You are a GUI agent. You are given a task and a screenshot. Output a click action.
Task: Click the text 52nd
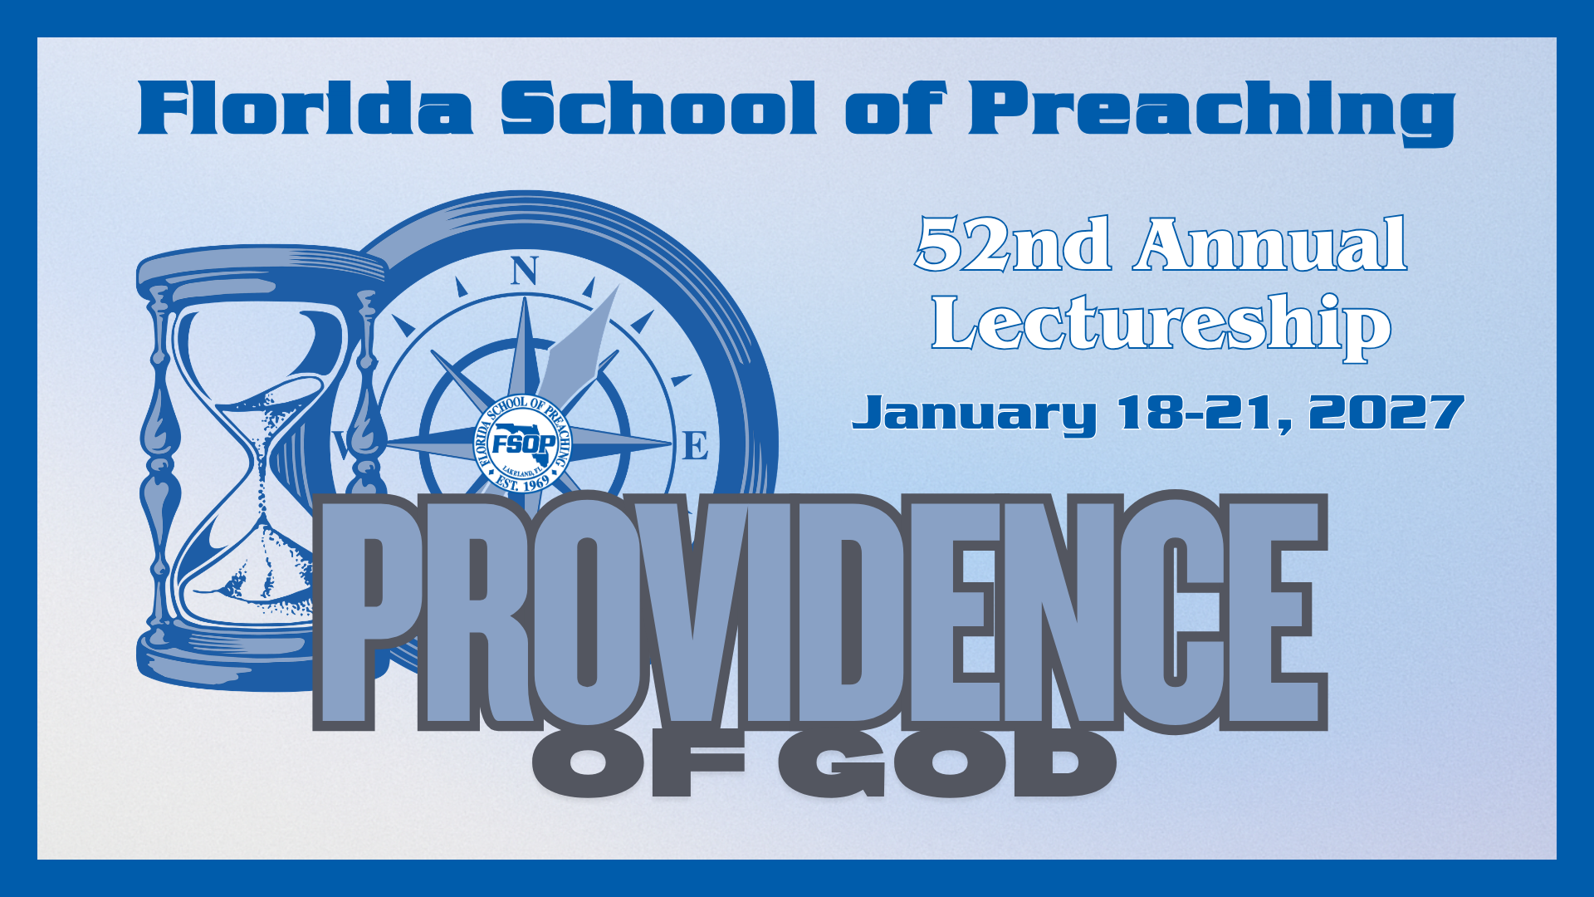point(1013,244)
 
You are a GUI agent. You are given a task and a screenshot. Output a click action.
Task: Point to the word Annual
point(1271,244)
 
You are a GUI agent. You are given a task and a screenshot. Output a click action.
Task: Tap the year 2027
point(1386,412)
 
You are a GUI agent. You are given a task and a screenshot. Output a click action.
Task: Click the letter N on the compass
point(524,271)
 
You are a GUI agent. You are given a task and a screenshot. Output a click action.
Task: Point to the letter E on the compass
point(695,446)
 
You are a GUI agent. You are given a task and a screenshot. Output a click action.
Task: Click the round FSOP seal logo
point(523,443)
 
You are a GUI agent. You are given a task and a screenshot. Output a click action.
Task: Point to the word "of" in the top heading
point(894,108)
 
